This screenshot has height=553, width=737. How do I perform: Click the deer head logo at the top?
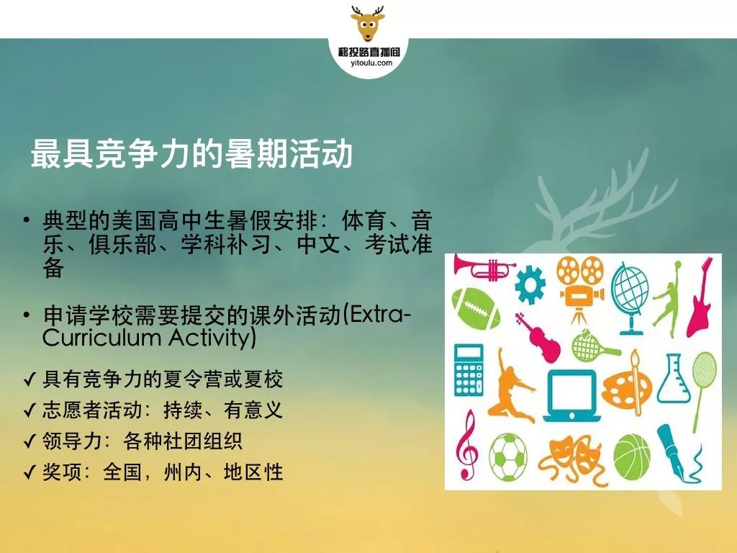(368, 24)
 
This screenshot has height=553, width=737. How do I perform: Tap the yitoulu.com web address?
(371, 63)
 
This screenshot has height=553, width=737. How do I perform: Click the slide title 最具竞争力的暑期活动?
(191, 153)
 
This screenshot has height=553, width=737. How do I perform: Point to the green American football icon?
(475, 309)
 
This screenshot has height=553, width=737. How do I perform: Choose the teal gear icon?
(530, 284)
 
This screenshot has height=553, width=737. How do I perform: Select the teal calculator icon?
(469, 369)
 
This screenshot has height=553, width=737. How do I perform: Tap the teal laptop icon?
(571, 396)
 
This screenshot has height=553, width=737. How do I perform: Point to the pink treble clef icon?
(466, 444)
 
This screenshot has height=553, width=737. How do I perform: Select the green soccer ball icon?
(508, 457)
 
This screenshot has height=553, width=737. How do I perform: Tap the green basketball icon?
(632, 457)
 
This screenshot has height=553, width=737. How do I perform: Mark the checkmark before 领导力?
(30, 441)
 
